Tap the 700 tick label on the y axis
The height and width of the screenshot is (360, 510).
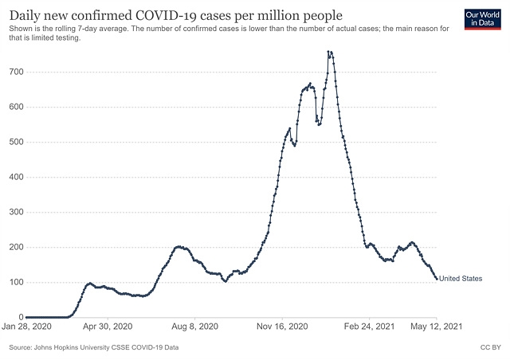(16, 72)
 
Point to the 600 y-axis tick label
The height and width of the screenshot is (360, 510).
(16, 108)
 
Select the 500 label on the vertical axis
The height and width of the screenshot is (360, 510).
(16, 143)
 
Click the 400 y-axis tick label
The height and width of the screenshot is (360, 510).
(16, 178)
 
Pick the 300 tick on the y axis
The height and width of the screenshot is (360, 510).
(16, 213)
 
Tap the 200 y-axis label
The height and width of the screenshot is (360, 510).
(16, 248)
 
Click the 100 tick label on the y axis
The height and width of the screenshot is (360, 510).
(16, 283)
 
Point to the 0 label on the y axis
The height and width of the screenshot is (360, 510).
(20, 318)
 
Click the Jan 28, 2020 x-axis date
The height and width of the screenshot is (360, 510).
(26, 327)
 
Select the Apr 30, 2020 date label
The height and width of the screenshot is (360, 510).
(107, 327)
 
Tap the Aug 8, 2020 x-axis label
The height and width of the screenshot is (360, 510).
(195, 327)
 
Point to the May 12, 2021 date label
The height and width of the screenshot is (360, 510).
(437, 327)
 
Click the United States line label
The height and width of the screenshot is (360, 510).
(461, 279)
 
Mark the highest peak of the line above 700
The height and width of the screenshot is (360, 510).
(329, 52)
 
